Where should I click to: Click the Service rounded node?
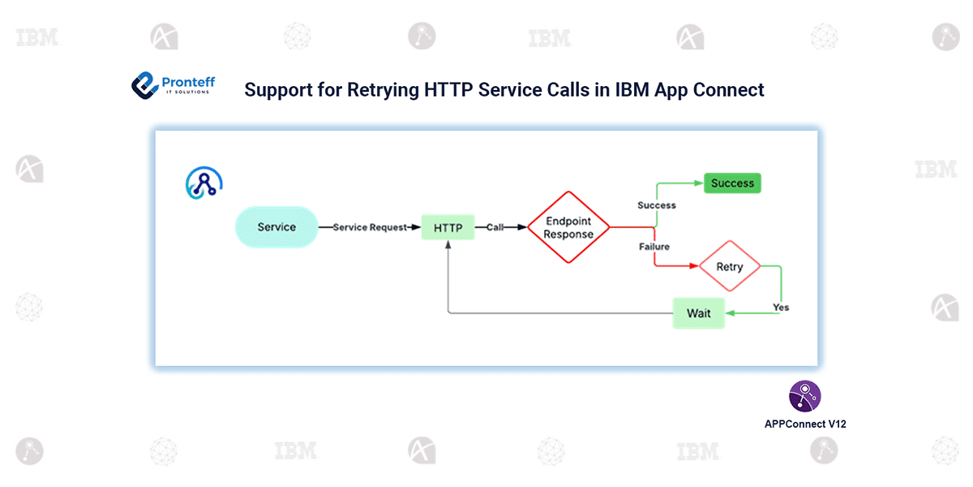coord(276,227)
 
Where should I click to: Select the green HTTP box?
coord(448,228)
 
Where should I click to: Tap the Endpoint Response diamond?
coord(568,227)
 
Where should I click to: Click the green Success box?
coord(732,183)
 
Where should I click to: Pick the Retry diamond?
coord(730,266)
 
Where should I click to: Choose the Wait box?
coord(698,313)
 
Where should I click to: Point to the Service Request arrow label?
coord(370,228)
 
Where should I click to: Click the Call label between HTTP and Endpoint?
coord(495,228)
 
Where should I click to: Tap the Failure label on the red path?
coord(654,246)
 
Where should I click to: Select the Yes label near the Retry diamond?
coord(781,308)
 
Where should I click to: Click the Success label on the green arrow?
coord(657,205)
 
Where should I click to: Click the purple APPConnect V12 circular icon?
coord(804,395)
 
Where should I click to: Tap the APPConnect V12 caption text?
coord(805,424)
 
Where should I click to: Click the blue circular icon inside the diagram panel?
coord(204,183)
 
